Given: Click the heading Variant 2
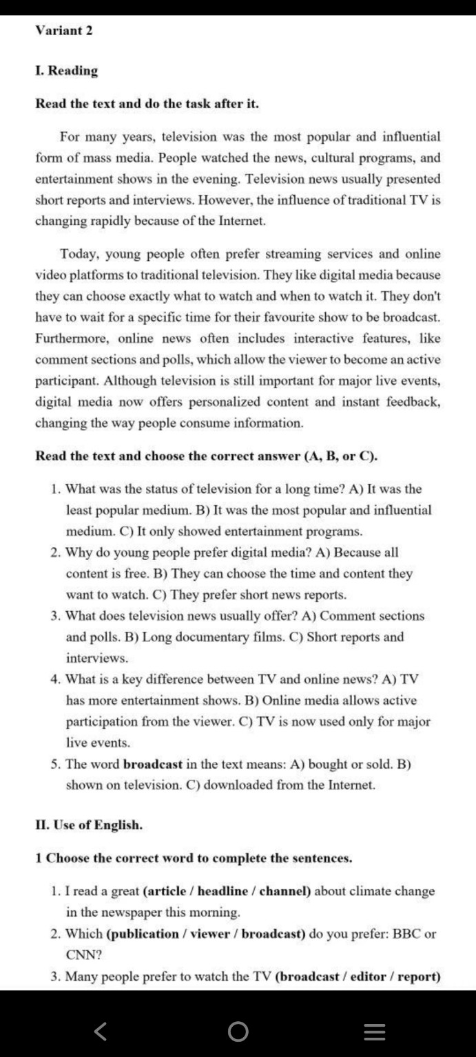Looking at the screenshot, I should [64, 30].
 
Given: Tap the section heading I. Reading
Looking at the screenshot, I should [67, 70].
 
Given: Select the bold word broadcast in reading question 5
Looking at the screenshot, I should [153, 764].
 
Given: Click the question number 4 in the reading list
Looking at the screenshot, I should [55, 679].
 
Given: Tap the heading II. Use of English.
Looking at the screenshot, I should [90, 824].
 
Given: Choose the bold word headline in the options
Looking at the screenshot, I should [223, 891].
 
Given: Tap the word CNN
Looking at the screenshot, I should [79, 956].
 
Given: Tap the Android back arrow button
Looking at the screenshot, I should [101, 1031].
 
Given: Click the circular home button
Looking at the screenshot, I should [238, 1031].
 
